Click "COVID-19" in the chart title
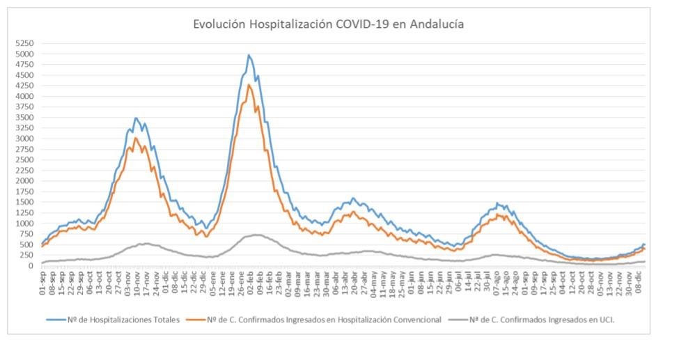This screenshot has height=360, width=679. tap(359, 24)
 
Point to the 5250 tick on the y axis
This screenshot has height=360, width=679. tap(24, 44)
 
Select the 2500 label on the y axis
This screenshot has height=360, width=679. tap(24, 160)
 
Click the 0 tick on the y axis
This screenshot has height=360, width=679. tap(31, 266)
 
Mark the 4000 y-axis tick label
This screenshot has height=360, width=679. tap(24, 97)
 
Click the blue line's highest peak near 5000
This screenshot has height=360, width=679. tap(249, 55)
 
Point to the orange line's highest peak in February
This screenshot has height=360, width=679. tap(249, 85)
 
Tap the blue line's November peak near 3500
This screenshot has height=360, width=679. tap(136, 118)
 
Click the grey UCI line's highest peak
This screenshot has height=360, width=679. tap(257, 235)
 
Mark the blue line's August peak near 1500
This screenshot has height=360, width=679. tap(497, 203)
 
